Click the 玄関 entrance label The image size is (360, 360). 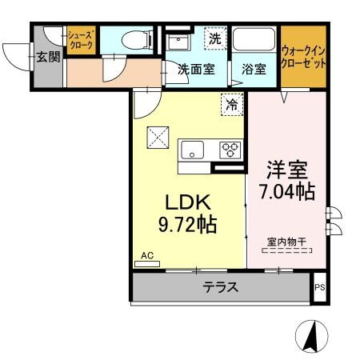click(x=47, y=57)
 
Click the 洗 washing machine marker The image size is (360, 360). click(x=214, y=38)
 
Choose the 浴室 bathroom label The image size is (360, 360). click(x=254, y=69)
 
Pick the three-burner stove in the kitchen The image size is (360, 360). click(x=230, y=149)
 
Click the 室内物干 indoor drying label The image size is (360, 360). click(x=287, y=241)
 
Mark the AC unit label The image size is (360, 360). click(x=146, y=256)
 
